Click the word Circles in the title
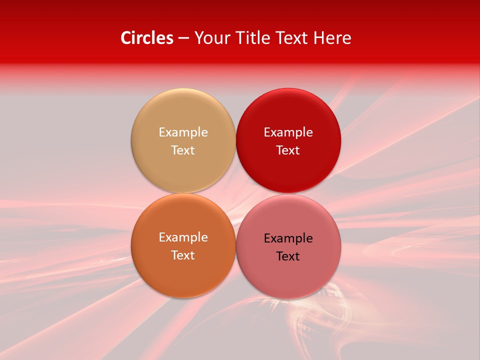click(146, 38)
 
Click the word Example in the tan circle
click(183, 132)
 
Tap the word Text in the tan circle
click(183, 150)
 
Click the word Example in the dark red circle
click(288, 132)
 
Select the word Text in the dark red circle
click(288, 150)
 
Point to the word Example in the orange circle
click(183, 237)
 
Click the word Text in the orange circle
click(183, 255)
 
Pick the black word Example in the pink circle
click(288, 238)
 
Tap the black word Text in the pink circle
click(288, 256)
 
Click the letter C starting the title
click(126, 38)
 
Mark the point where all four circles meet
click(235, 193)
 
